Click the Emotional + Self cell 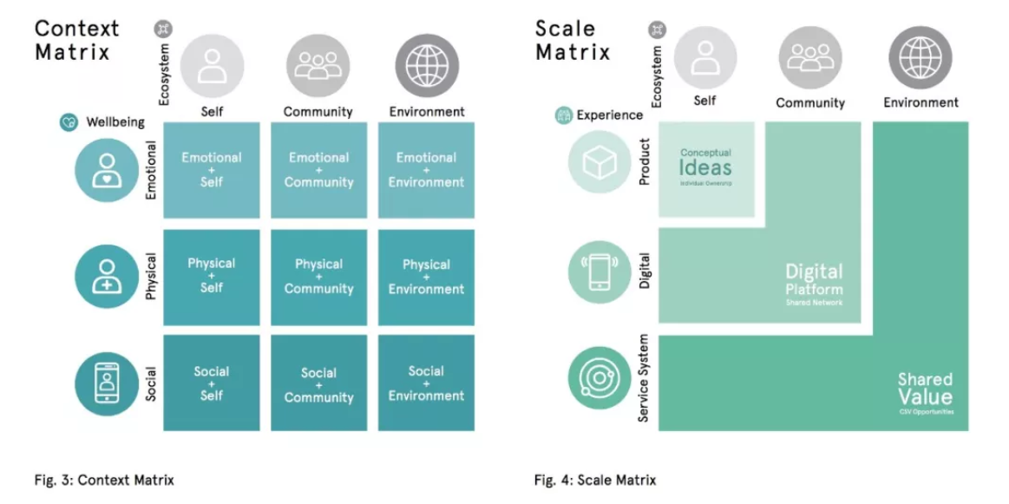[x=211, y=170]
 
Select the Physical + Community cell [x=318, y=277]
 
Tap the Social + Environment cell [x=426, y=383]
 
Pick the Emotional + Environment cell [x=426, y=170]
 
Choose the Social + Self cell [x=211, y=383]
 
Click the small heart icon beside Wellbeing [x=69, y=122]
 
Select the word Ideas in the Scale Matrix [x=705, y=167]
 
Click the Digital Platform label [x=814, y=281]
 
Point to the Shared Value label [x=925, y=389]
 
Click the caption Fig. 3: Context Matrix [x=104, y=480]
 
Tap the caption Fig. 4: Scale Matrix [x=595, y=480]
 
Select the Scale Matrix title [x=573, y=40]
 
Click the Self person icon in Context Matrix [x=212, y=66]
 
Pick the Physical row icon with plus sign [x=107, y=277]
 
